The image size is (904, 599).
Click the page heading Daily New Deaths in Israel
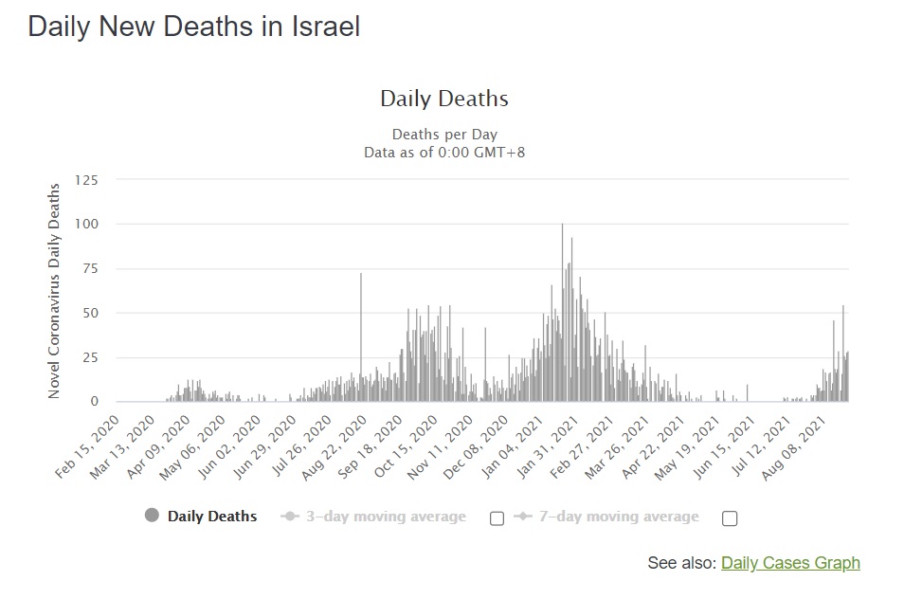coord(194,27)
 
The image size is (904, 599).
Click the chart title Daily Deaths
coord(444,99)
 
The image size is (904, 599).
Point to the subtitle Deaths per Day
coord(444,135)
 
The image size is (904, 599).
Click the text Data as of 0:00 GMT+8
coord(444,152)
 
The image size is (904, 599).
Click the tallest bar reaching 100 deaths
coord(562,313)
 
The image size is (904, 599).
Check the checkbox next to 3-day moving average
coord(497,518)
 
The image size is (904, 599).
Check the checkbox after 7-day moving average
coord(729,518)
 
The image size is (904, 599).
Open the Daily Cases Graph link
coord(790,563)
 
